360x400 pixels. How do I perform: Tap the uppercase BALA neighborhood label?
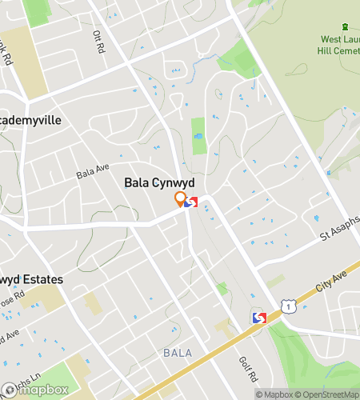[178, 352]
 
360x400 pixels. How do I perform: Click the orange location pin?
[181, 199]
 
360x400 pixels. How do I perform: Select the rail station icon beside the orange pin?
[190, 203]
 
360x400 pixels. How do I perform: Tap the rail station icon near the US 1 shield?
[258, 318]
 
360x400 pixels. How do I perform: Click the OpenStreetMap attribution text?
[330, 394]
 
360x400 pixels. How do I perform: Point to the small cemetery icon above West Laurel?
[346, 28]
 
